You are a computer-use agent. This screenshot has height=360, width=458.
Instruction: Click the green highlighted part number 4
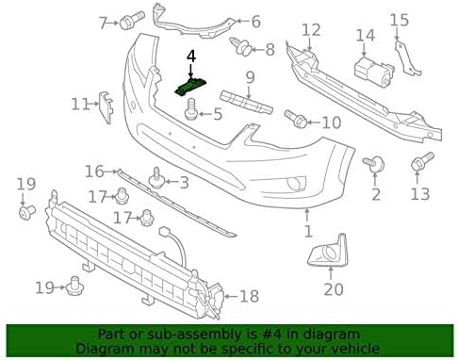click(191, 87)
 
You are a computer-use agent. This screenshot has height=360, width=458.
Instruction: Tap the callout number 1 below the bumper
click(306, 230)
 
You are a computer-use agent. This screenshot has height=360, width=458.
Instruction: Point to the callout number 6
click(255, 20)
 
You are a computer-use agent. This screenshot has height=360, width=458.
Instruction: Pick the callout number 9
click(251, 76)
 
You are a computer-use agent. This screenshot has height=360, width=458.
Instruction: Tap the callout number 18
click(249, 296)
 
